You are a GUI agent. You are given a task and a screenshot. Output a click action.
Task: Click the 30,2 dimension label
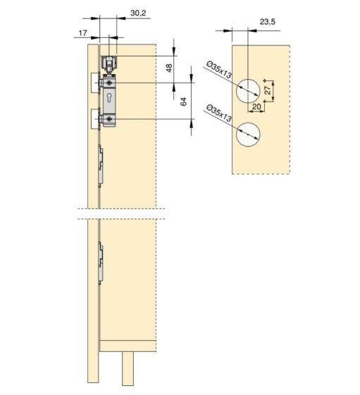tap(138, 13)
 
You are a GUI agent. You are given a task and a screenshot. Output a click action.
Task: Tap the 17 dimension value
tap(82, 32)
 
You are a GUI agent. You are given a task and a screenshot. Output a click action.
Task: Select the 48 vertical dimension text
tap(169, 68)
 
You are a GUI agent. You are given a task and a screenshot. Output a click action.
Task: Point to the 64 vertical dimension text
tap(184, 102)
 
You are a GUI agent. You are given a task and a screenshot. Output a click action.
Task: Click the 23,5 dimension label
tap(268, 22)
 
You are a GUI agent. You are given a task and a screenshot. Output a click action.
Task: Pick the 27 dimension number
tap(268, 90)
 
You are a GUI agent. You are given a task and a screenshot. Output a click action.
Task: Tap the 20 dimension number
tap(256, 107)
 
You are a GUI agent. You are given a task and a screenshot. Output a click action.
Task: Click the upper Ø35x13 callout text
tap(218, 70)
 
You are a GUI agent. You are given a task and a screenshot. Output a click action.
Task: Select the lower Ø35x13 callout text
tap(218, 113)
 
